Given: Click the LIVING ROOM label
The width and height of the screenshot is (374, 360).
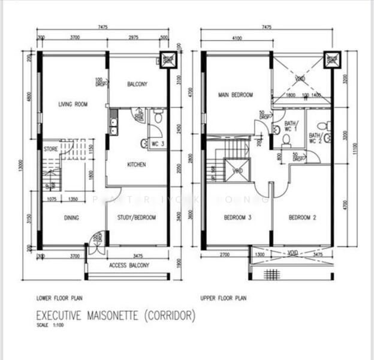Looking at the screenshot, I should [73, 104].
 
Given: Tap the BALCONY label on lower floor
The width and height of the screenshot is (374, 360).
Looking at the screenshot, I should [137, 85].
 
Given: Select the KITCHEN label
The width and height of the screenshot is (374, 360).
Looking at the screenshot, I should [137, 164].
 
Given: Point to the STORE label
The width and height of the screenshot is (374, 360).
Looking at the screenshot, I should [50, 147].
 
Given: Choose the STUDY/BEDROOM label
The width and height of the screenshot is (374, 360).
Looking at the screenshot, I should [137, 218].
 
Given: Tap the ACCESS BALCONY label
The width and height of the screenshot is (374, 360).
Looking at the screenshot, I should [129, 265].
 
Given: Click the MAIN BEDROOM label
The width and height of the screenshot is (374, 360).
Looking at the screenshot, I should [236, 95].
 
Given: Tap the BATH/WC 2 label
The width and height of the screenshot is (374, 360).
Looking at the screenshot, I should [315, 139].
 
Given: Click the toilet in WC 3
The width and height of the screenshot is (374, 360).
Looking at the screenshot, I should [156, 118].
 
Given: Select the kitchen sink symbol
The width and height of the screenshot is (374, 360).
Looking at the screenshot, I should [113, 125].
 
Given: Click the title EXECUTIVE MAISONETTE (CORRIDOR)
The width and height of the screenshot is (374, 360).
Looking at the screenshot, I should [116, 316].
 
